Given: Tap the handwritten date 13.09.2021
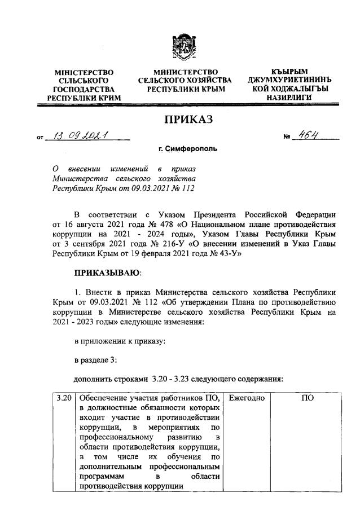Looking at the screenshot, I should pos(83,136).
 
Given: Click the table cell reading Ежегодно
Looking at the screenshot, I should pos(247,398).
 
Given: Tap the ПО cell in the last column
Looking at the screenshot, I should pos(308,398).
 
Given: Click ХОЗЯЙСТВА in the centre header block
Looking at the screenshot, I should pos(209,81).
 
